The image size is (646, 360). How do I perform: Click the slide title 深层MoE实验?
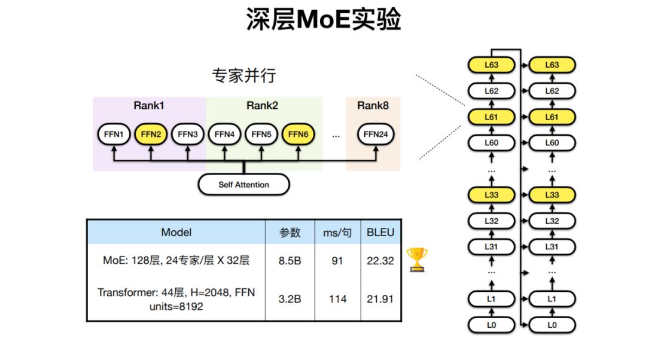click(x=323, y=20)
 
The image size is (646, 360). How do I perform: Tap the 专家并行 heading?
click(x=243, y=76)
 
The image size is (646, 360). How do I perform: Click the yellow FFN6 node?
click(x=298, y=135)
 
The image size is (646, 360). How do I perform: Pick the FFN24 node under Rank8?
click(x=376, y=135)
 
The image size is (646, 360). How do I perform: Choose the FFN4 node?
click(x=224, y=135)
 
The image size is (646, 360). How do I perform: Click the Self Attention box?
click(x=243, y=185)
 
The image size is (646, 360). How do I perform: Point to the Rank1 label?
click(x=149, y=106)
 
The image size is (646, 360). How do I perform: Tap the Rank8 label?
click(x=373, y=106)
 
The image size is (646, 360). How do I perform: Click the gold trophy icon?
click(x=417, y=260)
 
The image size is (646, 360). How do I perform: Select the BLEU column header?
click(x=380, y=232)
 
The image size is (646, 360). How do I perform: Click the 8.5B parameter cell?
click(x=290, y=261)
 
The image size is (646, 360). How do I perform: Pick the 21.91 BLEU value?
click(x=380, y=298)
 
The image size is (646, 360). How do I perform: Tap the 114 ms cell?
click(x=337, y=298)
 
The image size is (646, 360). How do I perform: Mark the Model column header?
click(x=176, y=232)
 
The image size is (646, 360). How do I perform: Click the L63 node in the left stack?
click(x=491, y=65)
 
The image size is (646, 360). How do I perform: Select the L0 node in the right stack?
click(x=551, y=325)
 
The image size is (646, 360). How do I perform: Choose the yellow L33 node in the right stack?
click(x=551, y=195)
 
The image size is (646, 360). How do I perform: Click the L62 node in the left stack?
click(x=491, y=91)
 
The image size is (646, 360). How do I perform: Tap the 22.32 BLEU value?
click(x=380, y=261)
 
